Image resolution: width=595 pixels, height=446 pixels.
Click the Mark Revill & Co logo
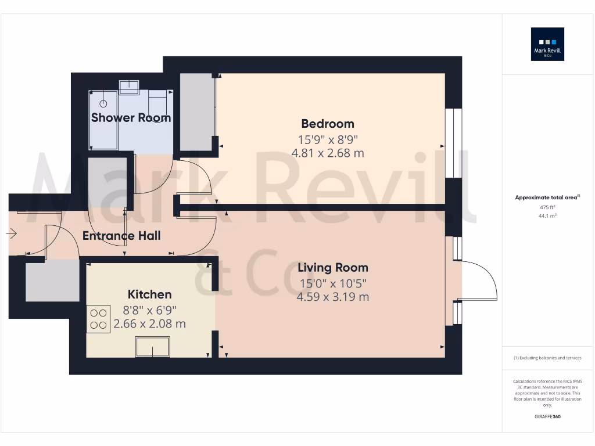coord(547,45)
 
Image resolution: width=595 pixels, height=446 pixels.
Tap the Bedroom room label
coord(327,124)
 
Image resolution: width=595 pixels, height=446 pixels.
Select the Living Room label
coord(332,268)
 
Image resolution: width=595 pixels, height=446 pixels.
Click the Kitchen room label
coord(149,294)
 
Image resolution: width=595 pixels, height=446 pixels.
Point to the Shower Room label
coord(131,118)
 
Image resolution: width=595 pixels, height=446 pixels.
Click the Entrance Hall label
coord(121,236)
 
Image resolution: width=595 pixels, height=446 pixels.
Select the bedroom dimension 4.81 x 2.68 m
coord(327,153)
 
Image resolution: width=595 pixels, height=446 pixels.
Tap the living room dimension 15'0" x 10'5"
coord(332,283)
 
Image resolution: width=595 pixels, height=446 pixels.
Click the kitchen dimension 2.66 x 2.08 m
coord(149,324)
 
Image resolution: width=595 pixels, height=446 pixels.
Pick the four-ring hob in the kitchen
coord(98,319)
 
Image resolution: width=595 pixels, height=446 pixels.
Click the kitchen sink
coord(152,347)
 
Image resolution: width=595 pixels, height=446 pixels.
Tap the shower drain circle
coord(103,103)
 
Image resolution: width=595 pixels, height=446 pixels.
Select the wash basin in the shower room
coord(128,87)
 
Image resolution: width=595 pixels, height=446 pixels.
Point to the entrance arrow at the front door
coord(12,233)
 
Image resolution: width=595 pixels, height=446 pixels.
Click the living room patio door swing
coord(478,281)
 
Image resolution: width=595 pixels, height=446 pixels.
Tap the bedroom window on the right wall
coord(454,143)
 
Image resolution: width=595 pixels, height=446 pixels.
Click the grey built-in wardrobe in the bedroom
coord(196,111)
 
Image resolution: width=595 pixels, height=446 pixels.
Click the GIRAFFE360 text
coord(547,417)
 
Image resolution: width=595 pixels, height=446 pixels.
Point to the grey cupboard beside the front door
coord(52,281)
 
